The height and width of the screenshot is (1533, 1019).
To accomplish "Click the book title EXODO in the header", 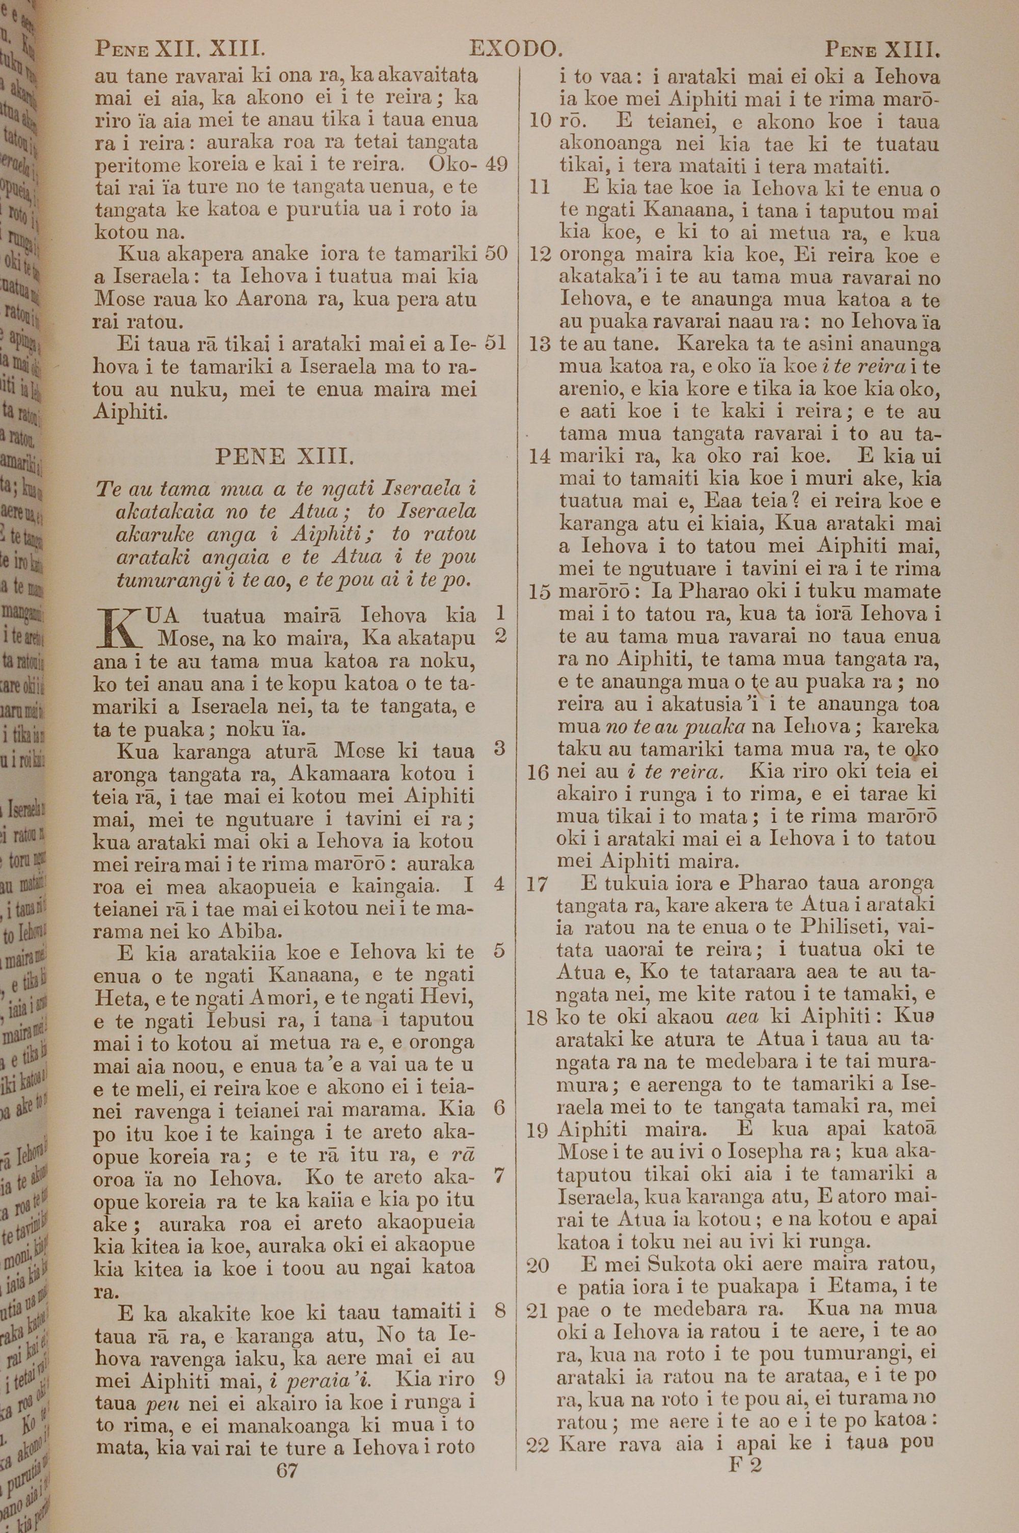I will pyautogui.click(x=515, y=49).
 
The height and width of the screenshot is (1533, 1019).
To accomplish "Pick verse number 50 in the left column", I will pyautogui.click(x=496, y=253).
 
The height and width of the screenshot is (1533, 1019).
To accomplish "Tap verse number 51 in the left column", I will pyautogui.click(x=496, y=342).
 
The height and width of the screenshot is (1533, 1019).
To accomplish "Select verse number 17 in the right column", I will pyautogui.click(x=538, y=884).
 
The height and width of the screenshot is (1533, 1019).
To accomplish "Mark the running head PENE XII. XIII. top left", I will pyautogui.click(x=179, y=49).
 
